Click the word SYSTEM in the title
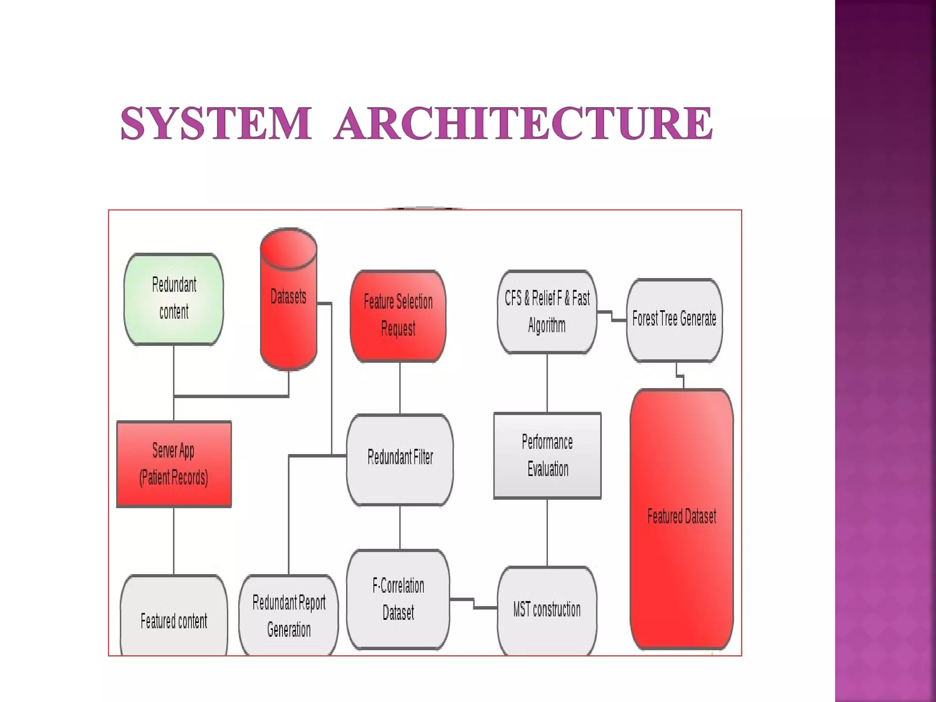[x=216, y=123]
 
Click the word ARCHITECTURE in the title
[x=524, y=123]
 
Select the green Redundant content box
[x=174, y=299]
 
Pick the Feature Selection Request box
[x=398, y=315]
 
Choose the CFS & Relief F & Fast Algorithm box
[x=547, y=312]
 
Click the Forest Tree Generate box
[x=674, y=319]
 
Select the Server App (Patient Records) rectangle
[x=174, y=464]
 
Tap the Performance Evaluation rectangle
[x=547, y=455]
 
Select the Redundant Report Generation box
[x=289, y=616]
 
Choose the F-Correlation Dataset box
[x=398, y=599]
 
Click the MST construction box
[x=547, y=610]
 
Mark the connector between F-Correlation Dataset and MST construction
[x=474, y=603]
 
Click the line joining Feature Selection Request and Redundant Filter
[x=400, y=388]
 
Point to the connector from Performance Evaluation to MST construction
[x=547, y=532]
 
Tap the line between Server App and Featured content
[x=174, y=541]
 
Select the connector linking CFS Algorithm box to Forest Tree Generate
[x=612, y=316]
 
